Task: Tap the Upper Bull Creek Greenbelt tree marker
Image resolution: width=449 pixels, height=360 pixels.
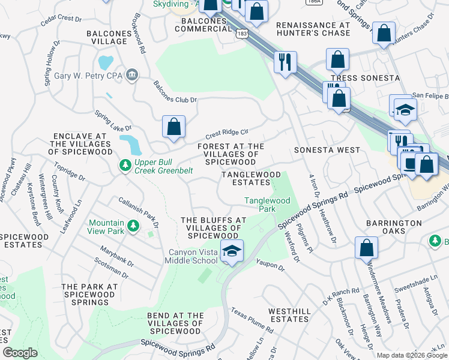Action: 125,164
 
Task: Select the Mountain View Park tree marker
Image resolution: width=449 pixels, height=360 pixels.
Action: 133,226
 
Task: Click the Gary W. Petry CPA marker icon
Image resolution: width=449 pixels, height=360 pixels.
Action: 133,75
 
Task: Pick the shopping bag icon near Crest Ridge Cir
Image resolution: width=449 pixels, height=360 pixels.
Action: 173,127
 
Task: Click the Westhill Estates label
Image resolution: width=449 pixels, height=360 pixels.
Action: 289,315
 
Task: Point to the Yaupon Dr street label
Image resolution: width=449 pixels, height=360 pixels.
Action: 270,265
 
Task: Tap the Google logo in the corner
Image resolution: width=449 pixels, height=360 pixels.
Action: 20,352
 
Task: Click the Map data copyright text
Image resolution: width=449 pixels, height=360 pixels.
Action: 411,355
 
